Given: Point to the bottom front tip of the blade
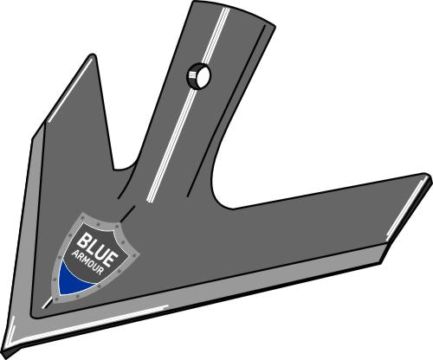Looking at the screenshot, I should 11,344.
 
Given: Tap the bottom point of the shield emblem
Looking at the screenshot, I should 66,298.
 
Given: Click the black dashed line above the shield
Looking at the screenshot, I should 126,208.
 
